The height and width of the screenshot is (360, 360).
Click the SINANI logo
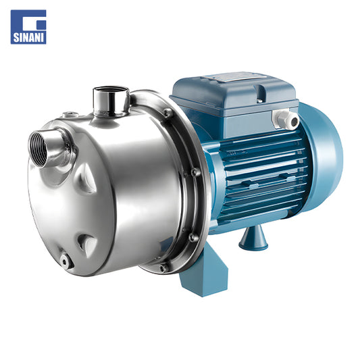pos(28,27)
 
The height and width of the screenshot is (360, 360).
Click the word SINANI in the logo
pos(28,38)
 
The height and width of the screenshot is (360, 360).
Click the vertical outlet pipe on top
pos(111,101)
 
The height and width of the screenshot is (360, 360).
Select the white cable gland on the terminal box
pos(286,119)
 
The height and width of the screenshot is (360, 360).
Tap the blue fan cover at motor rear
pos(324,156)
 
